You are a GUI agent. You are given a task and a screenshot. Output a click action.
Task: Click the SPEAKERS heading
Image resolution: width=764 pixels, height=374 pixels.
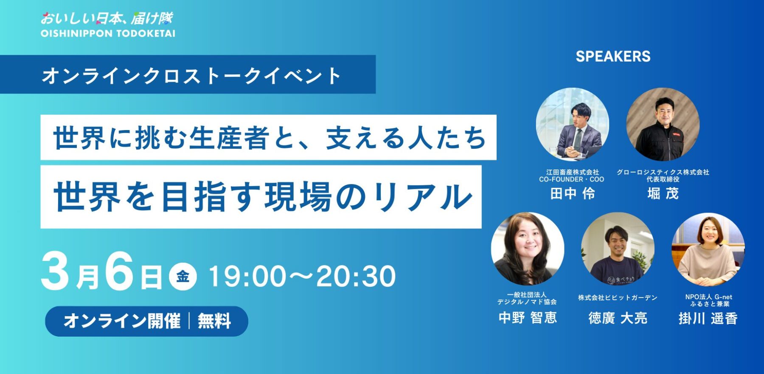click(613, 57)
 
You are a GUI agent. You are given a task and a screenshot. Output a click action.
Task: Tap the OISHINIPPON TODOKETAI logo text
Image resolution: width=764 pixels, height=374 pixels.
click(108, 34)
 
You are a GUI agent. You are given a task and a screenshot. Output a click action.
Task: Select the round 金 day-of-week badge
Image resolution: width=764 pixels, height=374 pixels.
click(183, 276)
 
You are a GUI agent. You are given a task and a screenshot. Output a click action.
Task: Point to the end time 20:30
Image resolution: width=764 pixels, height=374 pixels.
click(356, 276)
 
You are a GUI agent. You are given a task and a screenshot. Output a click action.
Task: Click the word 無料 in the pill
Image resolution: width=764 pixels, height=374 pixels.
click(214, 321)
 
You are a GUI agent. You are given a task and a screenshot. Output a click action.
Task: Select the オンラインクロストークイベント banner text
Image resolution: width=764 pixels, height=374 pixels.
click(191, 76)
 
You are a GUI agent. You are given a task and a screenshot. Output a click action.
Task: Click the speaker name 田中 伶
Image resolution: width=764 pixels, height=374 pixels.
click(572, 194)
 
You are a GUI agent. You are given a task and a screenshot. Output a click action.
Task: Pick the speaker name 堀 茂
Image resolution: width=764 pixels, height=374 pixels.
click(663, 194)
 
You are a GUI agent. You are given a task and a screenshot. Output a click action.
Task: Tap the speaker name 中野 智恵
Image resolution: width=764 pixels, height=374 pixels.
click(528, 317)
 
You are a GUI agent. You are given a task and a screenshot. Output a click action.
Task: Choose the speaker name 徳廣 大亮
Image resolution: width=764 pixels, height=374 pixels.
click(618, 318)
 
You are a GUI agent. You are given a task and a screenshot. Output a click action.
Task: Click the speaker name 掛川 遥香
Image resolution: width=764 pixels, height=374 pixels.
click(708, 318)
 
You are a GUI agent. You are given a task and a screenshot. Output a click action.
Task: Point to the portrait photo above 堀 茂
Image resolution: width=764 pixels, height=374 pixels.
click(663, 125)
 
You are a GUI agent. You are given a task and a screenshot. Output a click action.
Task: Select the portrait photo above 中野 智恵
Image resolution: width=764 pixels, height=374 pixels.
click(528, 249)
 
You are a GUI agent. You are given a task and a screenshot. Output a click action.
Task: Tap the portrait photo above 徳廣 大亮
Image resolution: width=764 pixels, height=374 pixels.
click(618, 249)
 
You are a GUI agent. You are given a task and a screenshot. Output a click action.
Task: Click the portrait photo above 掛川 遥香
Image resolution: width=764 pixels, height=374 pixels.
click(708, 249)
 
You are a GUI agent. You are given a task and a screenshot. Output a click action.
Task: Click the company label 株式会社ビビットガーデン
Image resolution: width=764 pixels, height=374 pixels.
click(618, 298)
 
